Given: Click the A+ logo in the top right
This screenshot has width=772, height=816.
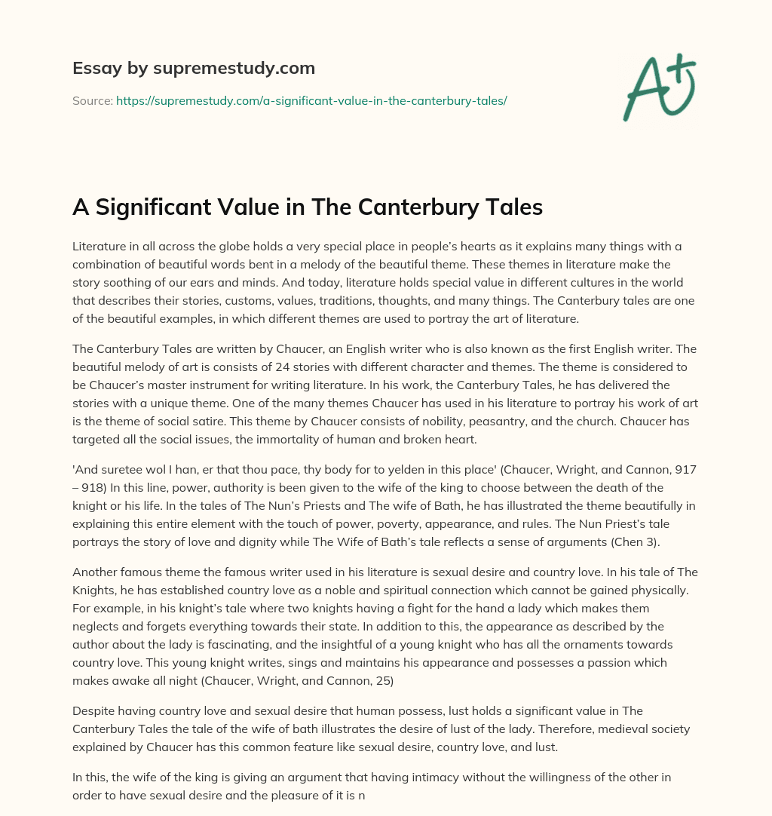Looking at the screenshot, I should (658, 88).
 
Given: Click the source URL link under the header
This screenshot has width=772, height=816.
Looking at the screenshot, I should (311, 100).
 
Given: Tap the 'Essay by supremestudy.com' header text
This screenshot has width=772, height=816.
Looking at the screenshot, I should (194, 69).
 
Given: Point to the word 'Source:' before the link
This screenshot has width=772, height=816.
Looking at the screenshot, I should (93, 100).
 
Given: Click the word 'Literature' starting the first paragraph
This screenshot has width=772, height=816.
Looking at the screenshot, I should (99, 247).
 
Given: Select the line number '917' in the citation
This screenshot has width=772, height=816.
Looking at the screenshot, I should (685, 468).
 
